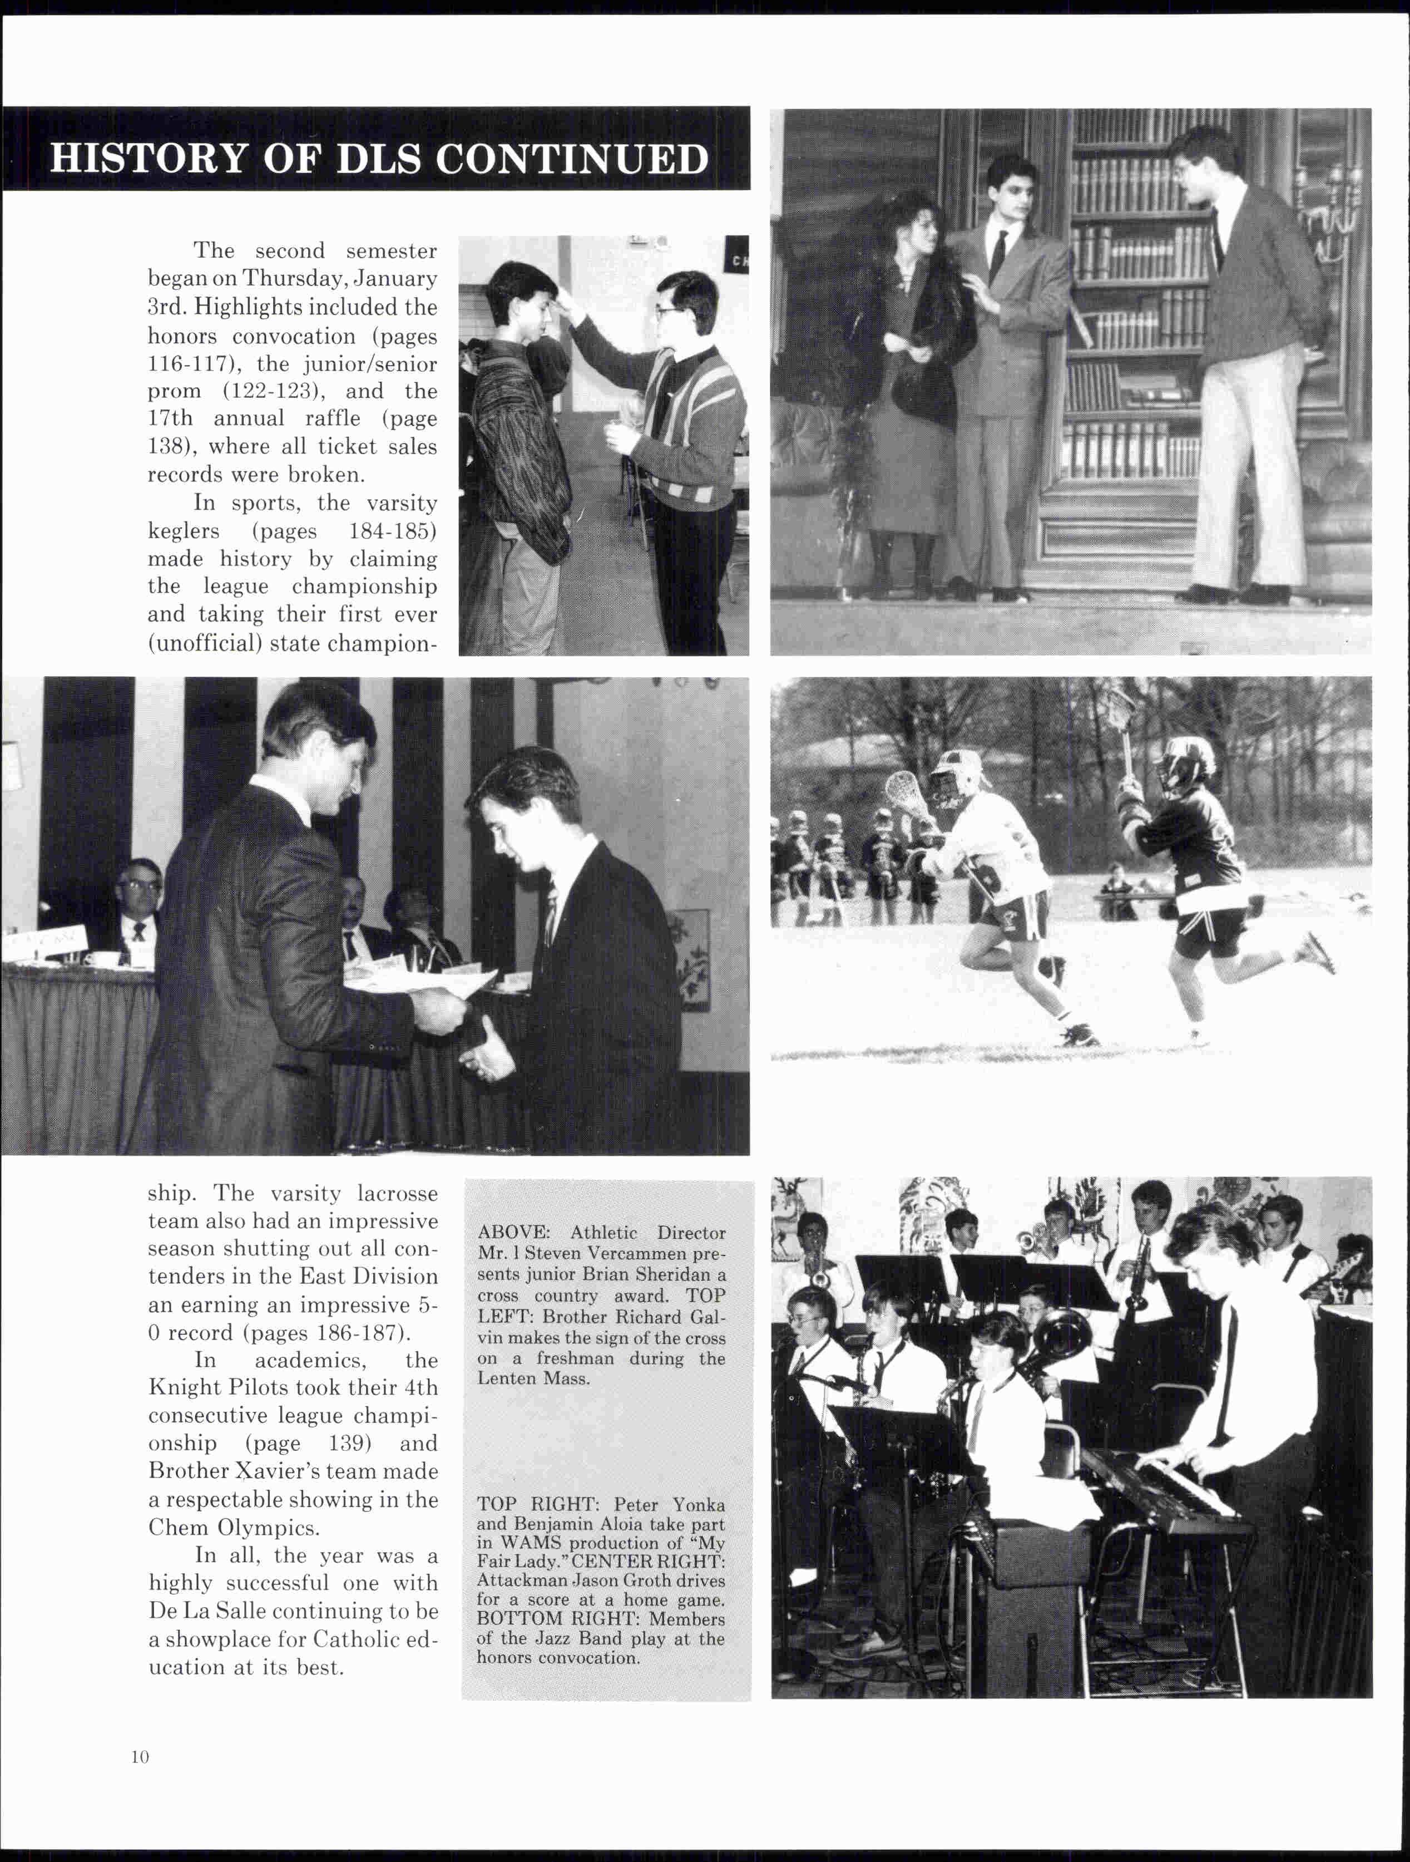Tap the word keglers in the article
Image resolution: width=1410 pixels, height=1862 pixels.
184,531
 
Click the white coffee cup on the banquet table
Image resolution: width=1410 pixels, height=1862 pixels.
103,959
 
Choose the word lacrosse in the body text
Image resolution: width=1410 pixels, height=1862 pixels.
397,1194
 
